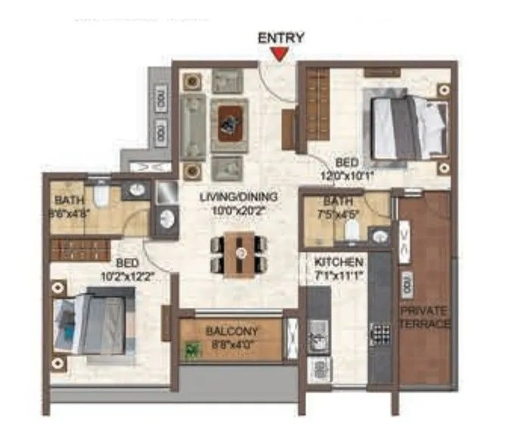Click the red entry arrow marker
[x=280, y=53]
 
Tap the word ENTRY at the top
[x=280, y=37]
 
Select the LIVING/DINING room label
[x=239, y=197]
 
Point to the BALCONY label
[x=232, y=331]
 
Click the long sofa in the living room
[x=192, y=121]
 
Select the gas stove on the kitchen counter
[x=377, y=333]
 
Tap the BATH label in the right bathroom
[x=333, y=202]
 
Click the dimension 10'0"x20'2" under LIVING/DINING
[x=239, y=210]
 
